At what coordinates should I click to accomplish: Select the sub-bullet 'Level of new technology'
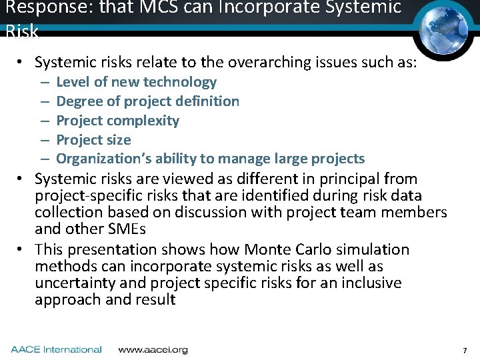(136, 82)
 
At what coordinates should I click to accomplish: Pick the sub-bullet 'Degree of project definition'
(147, 101)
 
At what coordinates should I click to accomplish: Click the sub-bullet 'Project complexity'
(117, 121)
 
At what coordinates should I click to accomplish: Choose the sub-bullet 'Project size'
(93, 140)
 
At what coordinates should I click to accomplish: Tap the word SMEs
(126, 229)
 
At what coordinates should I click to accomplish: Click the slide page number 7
(465, 350)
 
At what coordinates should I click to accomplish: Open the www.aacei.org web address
(153, 349)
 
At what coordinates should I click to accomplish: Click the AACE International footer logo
(56, 349)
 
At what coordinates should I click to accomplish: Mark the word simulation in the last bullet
(374, 249)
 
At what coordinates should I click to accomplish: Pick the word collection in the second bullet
(68, 212)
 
